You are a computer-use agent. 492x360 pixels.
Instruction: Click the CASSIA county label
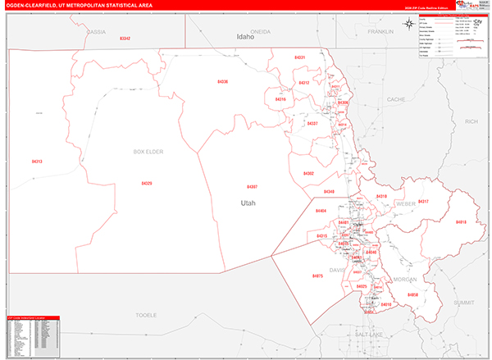[96, 31]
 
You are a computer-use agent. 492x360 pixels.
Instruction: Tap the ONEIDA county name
[260, 31]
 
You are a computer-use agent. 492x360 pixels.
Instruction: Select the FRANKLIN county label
[381, 31]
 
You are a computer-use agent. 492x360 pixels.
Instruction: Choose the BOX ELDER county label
[148, 152]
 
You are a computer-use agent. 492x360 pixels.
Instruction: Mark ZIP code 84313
[37, 162]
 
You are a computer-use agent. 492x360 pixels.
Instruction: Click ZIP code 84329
[146, 184]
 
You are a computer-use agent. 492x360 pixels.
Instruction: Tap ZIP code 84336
[222, 82]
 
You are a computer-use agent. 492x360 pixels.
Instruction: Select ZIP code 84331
[299, 57]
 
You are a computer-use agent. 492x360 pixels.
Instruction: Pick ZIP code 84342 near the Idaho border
[125, 39]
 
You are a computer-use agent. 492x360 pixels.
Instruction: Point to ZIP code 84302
[308, 173]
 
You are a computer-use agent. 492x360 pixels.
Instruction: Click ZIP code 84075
[317, 276]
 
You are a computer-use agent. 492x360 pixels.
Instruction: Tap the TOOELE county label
[145, 315]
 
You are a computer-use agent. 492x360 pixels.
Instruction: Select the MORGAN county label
[405, 278]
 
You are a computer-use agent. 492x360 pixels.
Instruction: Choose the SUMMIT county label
[464, 303]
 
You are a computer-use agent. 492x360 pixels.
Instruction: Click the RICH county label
[471, 121]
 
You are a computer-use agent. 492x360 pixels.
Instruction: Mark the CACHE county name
[396, 99]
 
